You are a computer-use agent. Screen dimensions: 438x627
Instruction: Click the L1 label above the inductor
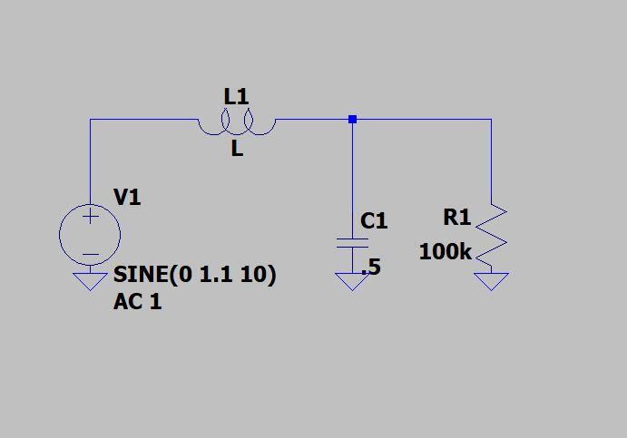click(236, 96)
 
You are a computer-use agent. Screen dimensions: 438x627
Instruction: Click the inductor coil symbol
click(237, 125)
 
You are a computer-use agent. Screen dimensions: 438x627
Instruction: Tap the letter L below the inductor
click(237, 150)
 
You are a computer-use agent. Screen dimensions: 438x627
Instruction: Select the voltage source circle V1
click(90, 235)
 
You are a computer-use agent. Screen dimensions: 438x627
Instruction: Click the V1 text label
click(127, 197)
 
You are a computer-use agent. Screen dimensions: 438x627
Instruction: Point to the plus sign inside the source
click(91, 217)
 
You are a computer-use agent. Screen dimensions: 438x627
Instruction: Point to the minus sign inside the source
click(91, 255)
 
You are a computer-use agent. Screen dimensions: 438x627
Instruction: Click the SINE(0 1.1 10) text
click(194, 275)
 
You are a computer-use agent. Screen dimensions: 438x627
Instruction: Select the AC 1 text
click(137, 302)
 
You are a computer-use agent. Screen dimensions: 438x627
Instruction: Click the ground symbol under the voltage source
click(90, 281)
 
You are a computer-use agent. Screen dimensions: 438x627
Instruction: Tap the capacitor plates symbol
click(352, 244)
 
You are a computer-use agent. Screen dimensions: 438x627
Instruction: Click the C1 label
click(374, 220)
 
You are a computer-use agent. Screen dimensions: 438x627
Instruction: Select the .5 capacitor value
click(371, 268)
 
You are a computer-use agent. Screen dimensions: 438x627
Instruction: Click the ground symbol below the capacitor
click(352, 281)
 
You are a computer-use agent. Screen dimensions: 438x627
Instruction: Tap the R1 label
click(457, 218)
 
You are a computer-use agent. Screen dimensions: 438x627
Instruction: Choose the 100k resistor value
click(445, 253)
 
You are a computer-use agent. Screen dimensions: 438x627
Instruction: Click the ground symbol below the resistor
click(491, 281)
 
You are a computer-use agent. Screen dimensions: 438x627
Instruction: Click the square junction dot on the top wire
click(352, 119)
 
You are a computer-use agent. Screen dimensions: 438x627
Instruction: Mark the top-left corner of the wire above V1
click(90, 119)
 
